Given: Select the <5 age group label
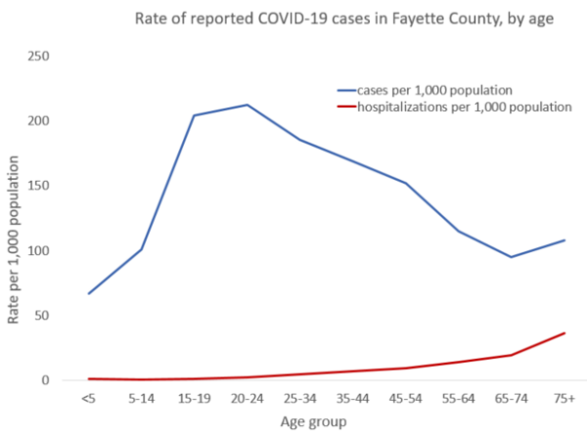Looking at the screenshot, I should coord(88,399).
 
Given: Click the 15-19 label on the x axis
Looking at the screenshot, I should coord(194,399).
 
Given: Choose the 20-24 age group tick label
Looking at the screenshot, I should coord(247,399).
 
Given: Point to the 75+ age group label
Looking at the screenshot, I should coord(564,399).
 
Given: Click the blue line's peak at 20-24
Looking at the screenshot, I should coord(247,105).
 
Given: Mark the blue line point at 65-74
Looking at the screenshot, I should coord(511,257).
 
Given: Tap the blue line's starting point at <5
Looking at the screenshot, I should coord(88,293).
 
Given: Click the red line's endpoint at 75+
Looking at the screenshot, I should coord(564,333).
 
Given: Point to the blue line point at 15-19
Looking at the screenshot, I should coord(194,115).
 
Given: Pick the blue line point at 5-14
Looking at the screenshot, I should coord(141,249).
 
